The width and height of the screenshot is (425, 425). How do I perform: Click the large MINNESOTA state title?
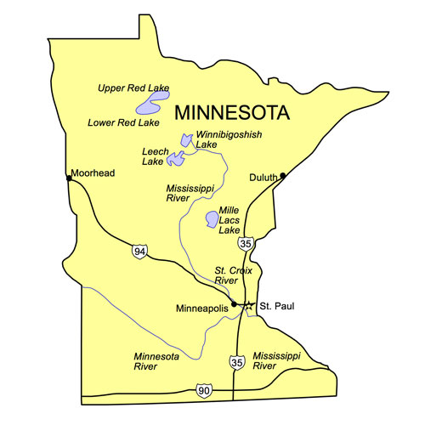click(231, 112)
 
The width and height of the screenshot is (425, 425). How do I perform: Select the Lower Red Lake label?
click(123, 122)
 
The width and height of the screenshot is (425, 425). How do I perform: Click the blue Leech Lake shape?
click(176, 158)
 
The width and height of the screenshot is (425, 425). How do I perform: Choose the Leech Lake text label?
click(153, 156)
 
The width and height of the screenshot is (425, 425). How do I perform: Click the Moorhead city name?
click(93, 173)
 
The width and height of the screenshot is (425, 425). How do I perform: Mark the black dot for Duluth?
click(283, 175)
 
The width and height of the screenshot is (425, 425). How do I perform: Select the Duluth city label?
click(263, 178)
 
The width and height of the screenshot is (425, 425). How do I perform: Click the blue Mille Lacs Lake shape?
click(210, 220)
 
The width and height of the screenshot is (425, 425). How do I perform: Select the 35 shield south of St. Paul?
click(235, 362)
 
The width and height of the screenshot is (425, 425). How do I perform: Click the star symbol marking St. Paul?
click(248, 307)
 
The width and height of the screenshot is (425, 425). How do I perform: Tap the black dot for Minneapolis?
click(234, 303)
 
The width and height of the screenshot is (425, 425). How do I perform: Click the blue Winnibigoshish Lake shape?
click(184, 139)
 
